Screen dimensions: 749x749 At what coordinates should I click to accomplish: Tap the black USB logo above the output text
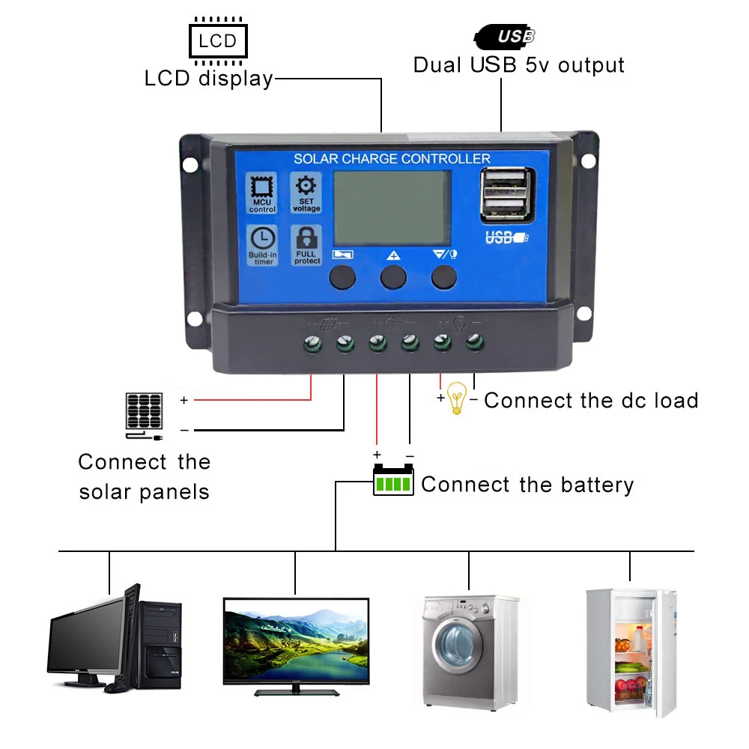coord(506,36)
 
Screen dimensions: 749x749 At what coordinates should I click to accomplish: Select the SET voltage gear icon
coord(306,192)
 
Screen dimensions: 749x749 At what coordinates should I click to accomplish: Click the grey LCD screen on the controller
coord(392,207)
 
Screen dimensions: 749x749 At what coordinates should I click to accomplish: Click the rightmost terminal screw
coord(474,344)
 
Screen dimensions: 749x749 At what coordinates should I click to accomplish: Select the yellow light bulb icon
coord(456,398)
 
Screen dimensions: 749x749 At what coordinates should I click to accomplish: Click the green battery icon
coord(393,480)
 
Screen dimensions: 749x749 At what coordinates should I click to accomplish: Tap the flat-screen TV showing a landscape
coord(297,641)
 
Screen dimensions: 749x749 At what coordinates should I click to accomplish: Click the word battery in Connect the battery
coord(595,485)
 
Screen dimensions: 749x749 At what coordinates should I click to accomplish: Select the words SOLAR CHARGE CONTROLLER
coord(392,159)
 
